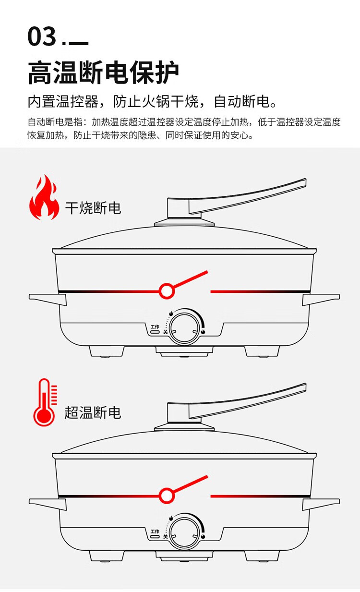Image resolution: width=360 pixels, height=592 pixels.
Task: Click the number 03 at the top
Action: click(42, 37)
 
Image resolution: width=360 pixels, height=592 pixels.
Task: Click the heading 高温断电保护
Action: click(103, 72)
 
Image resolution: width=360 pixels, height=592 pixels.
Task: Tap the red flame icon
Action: click(44, 197)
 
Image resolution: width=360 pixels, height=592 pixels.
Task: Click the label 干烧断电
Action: click(93, 207)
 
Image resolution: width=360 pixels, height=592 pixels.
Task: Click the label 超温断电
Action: click(93, 412)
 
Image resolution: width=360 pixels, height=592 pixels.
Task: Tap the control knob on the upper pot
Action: click(185, 328)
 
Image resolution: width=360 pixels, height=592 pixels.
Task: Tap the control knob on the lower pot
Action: click(185, 532)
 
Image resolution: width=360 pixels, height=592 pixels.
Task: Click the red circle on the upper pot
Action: click(167, 290)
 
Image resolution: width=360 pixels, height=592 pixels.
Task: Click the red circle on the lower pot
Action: click(167, 495)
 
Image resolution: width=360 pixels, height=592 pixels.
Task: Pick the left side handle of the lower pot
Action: click(47, 503)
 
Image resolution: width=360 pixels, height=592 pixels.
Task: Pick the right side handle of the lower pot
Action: click(321, 503)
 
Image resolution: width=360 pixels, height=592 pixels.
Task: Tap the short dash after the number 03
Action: click(79, 44)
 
